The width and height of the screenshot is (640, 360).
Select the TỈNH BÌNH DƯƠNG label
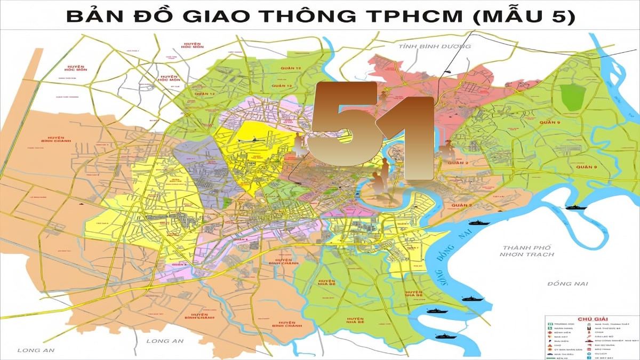pos(435,46)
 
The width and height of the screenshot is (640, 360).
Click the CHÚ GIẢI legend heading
pos(593,319)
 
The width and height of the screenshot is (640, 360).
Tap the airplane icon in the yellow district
pos(250,140)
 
